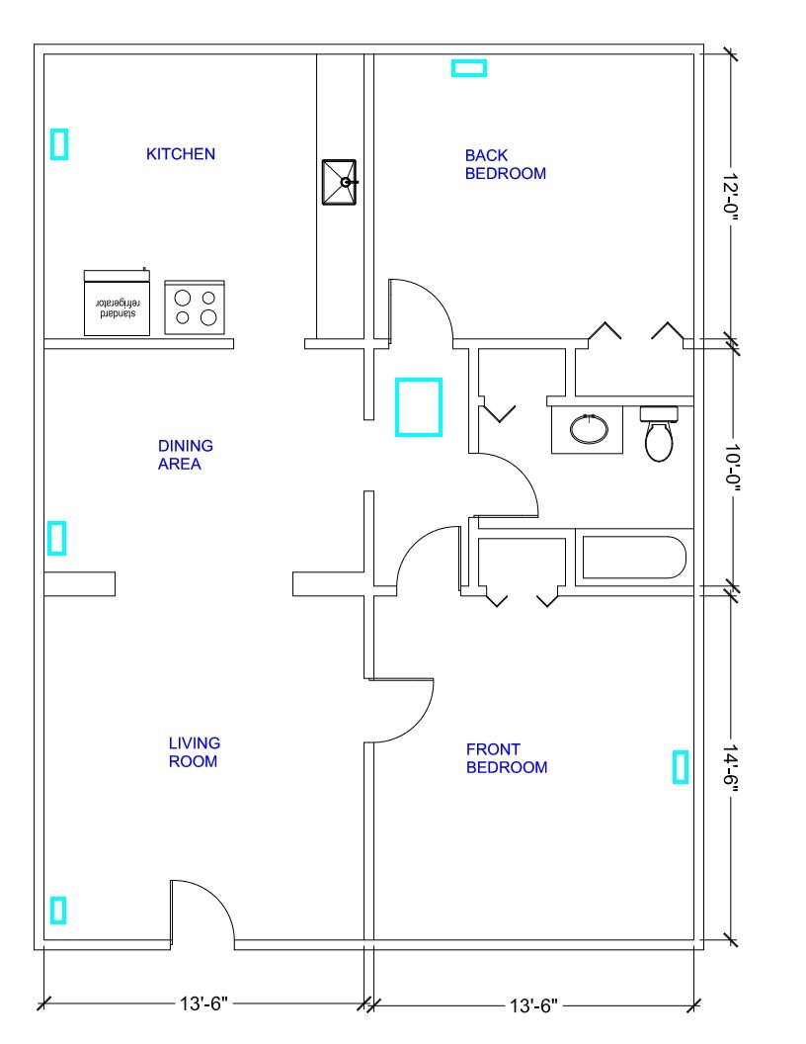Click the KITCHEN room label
point(180,154)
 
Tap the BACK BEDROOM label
point(506,164)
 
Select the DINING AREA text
point(186,455)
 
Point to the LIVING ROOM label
point(194,752)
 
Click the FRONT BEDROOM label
point(507,758)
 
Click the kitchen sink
point(339,182)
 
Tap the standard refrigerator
point(117,303)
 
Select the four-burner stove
point(195,306)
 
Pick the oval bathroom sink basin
point(590,429)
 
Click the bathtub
point(634,558)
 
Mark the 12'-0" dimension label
point(732,198)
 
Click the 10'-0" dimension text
point(732,469)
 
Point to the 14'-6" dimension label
point(732,769)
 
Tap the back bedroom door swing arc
point(436,298)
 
